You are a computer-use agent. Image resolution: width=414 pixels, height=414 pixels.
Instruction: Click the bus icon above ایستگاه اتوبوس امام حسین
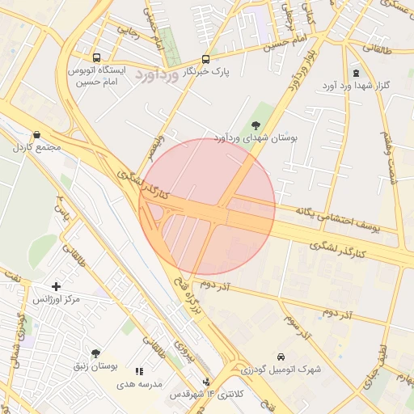coord(97,58)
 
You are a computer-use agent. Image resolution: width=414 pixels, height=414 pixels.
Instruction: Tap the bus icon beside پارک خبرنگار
coord(205,59)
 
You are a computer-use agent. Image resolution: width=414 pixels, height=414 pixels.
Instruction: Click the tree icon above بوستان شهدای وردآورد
coord(256,125)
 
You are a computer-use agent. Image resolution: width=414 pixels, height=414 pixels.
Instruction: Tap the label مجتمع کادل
coord(32,148)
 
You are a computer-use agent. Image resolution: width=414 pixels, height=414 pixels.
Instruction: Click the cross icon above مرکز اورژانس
coord(56,286)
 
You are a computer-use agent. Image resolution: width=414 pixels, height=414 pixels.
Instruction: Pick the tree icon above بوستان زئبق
coord(96,353)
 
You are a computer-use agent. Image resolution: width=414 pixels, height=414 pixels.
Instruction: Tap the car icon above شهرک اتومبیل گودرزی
coord(280,357)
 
